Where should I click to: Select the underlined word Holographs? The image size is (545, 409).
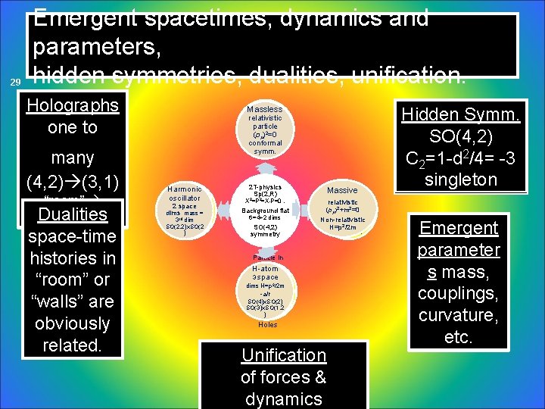pyautogui.click(x=73, y=105)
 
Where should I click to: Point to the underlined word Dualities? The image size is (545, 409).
pyautogui.click(x=73, y=214)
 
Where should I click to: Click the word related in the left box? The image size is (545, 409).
pyautogui.click(x=73, y=345)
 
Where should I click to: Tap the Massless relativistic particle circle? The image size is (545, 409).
pyautogui.click(x=265, y=130)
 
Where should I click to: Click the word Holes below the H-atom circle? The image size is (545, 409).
pyautogui.click(x=267, y=325)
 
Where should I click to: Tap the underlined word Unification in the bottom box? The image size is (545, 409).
pyautogui.click(x=283, y=355)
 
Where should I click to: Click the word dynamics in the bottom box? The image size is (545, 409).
pyautogui.click(x=283, y=398)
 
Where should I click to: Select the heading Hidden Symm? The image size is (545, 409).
pyautogui.click(x=460, y=114)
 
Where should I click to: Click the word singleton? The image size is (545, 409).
pyautogui.click(x=460, y=180)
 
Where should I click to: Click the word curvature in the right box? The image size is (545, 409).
pyautogui.click(x=458, y=315)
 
